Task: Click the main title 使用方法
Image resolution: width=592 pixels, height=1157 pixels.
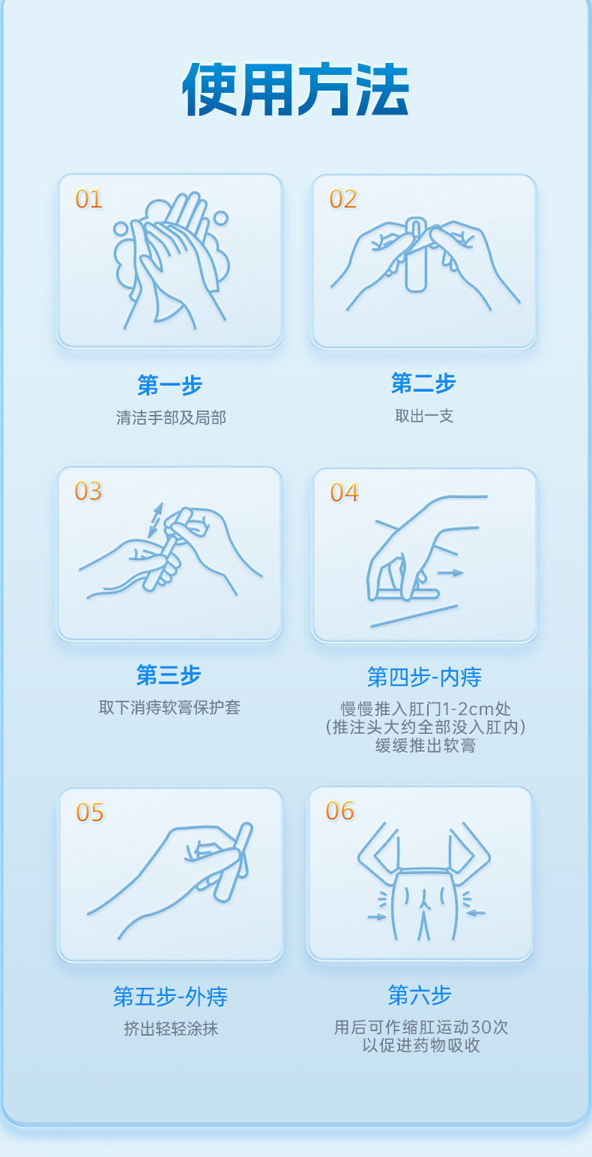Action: coord(296,89)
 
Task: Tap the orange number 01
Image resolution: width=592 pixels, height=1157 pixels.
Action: coord(88,199)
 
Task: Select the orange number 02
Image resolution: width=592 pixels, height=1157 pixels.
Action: coord(342,199)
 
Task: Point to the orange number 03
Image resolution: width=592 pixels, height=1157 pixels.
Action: coord(88,491)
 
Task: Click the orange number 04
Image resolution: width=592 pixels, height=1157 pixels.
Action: coord(344,493)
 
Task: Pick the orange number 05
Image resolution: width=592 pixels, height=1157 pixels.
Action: coord(89,813)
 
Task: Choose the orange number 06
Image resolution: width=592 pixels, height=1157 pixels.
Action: coord(339,810)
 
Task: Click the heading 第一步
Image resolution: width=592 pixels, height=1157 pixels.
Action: coord(170,385)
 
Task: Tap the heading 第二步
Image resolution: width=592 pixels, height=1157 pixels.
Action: coord(423,383)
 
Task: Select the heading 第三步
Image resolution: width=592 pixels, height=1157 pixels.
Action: coord(169,675)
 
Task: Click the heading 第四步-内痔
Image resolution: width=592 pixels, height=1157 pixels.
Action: coord(424,677)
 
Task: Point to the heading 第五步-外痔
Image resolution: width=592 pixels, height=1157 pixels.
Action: coord(170,997)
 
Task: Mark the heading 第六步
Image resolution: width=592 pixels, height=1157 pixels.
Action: coord(420,995)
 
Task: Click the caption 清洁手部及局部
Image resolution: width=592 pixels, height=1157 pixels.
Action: coord(171,418)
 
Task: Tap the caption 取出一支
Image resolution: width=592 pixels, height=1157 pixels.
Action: coord(424,416)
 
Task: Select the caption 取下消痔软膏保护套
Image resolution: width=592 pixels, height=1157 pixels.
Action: coord(169,708)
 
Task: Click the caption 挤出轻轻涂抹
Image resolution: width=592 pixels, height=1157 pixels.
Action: coord(171,1029)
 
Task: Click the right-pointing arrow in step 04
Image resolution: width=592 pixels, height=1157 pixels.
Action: coord(450,573)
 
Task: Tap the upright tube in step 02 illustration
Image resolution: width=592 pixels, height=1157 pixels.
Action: coord(415,255)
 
